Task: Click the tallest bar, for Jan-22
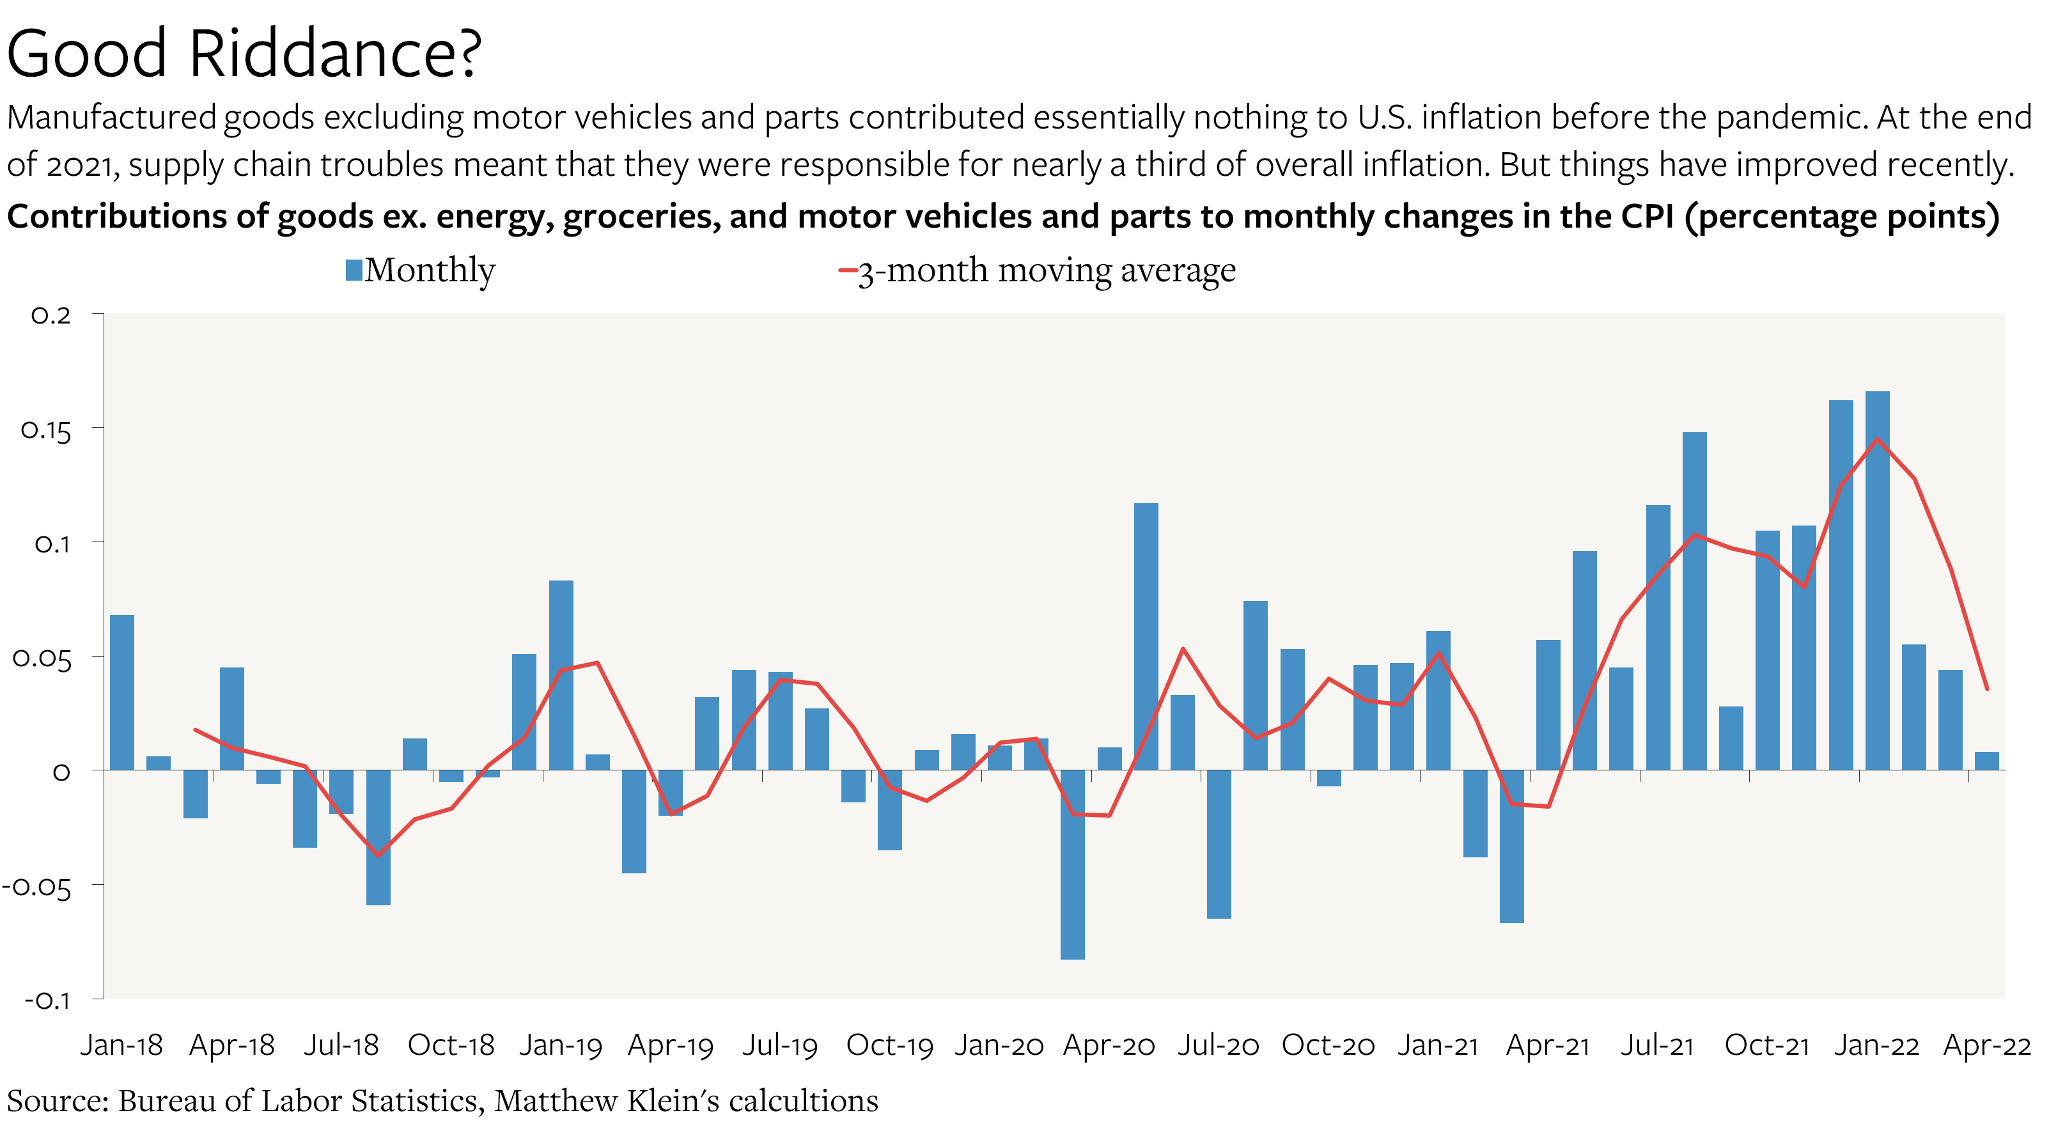[x=1876, y=581]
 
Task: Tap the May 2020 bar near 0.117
[x=1146, y=636]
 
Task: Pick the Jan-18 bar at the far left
[x=121, y=692]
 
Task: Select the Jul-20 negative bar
[x=1219, y=844]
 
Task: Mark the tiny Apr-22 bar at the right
[x=1986, y=761]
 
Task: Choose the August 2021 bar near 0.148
[x=1694, y=600]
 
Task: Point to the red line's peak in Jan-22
[x=1877, y=439]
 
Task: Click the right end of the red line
[x=1987, y=689]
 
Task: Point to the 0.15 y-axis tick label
[x=46, y=431]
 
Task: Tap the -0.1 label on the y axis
[x=48, y=1001]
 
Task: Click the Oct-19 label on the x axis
[x=889, y=1045]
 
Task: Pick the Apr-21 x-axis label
[x=1548, y=1045]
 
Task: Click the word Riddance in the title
[x=334, y=54]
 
